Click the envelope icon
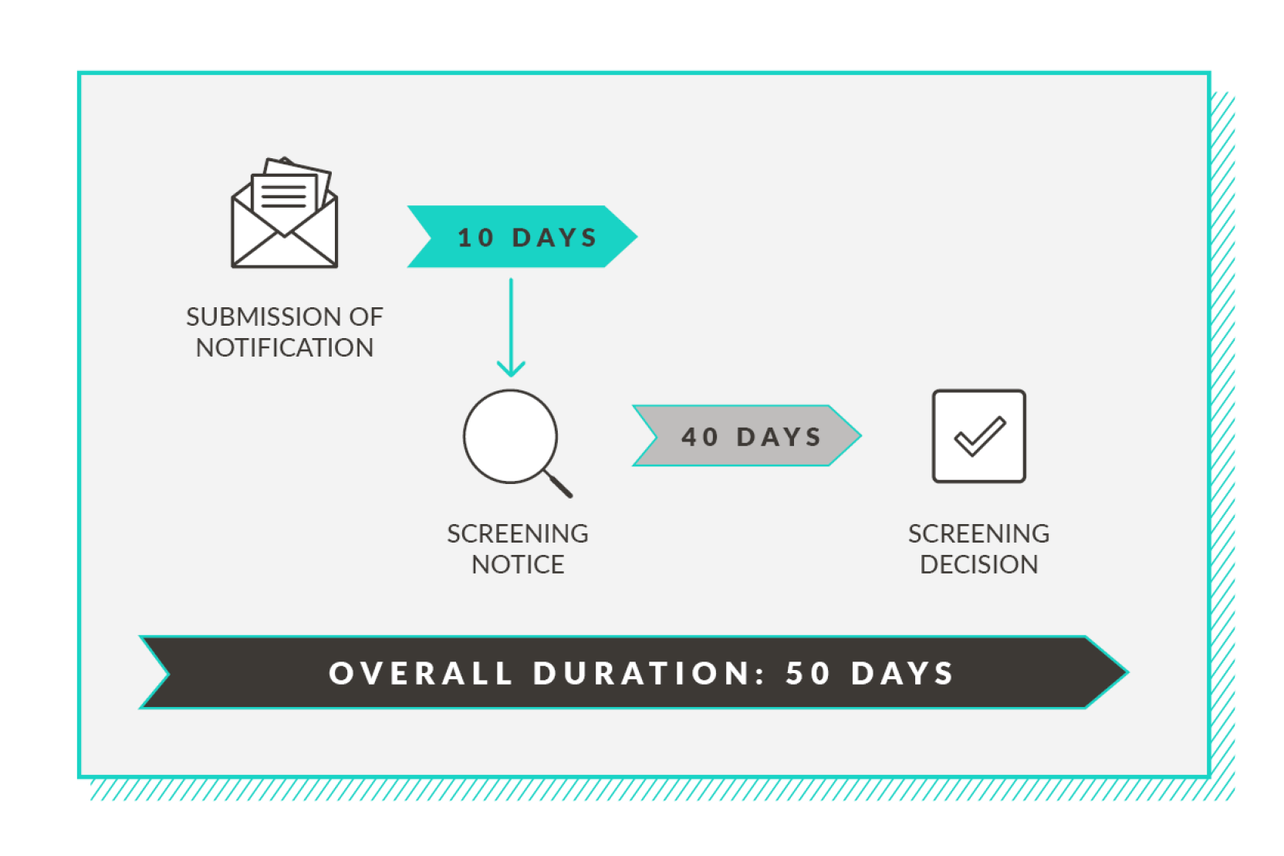pos(284,229)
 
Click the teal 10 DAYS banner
pos(522,236)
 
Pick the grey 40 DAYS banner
pos(746,436)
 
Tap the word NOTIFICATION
pos(285,347)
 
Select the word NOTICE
pos(518,564)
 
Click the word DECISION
pos(979,564)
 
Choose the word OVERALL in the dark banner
pos(421,672)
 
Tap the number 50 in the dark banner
pos(808,672)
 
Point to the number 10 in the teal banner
pos(476,238)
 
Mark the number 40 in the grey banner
pos(700,437)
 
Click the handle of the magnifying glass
pos(558,484)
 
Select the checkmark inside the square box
pos(980,436)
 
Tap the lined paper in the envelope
pos(284,198)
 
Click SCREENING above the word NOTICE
pos(518,533)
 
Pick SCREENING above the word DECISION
pos(979,533)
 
